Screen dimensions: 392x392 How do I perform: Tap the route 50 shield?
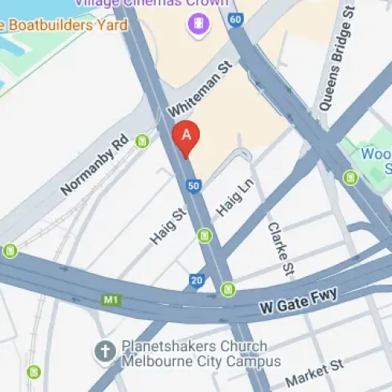pyautogui.click(x=193, y=186)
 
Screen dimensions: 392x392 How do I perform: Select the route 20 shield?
pyautogui.click(x=196, y=280)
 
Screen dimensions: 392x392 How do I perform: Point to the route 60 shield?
pyautogui.click(x=236, y=18)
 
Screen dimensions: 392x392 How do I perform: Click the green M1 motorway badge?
pyautogui.click(x=112, y=300)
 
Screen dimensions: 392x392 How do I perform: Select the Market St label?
pyautogui.click(x=314, y=373)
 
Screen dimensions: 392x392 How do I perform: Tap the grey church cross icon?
pyautogui.click(x=104, y=352)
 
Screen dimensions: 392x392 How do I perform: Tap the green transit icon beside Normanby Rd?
pyautogui.click(x=142, y=141)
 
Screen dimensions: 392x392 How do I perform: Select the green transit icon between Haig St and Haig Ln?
pyautogui.click(x=205, y=234)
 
